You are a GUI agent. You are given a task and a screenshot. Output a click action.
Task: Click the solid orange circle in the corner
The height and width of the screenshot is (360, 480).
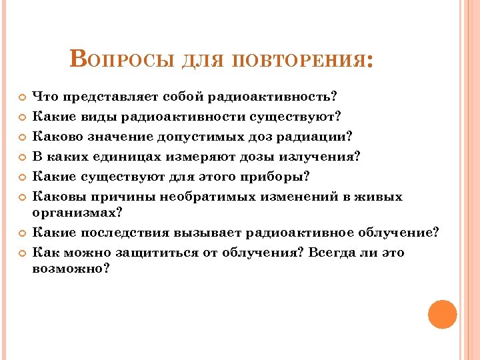coord(442,314)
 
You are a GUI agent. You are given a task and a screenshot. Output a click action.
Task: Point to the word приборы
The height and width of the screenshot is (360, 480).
coord(278,176)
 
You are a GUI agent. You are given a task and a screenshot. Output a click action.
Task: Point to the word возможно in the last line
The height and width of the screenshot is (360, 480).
coord(67,269)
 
